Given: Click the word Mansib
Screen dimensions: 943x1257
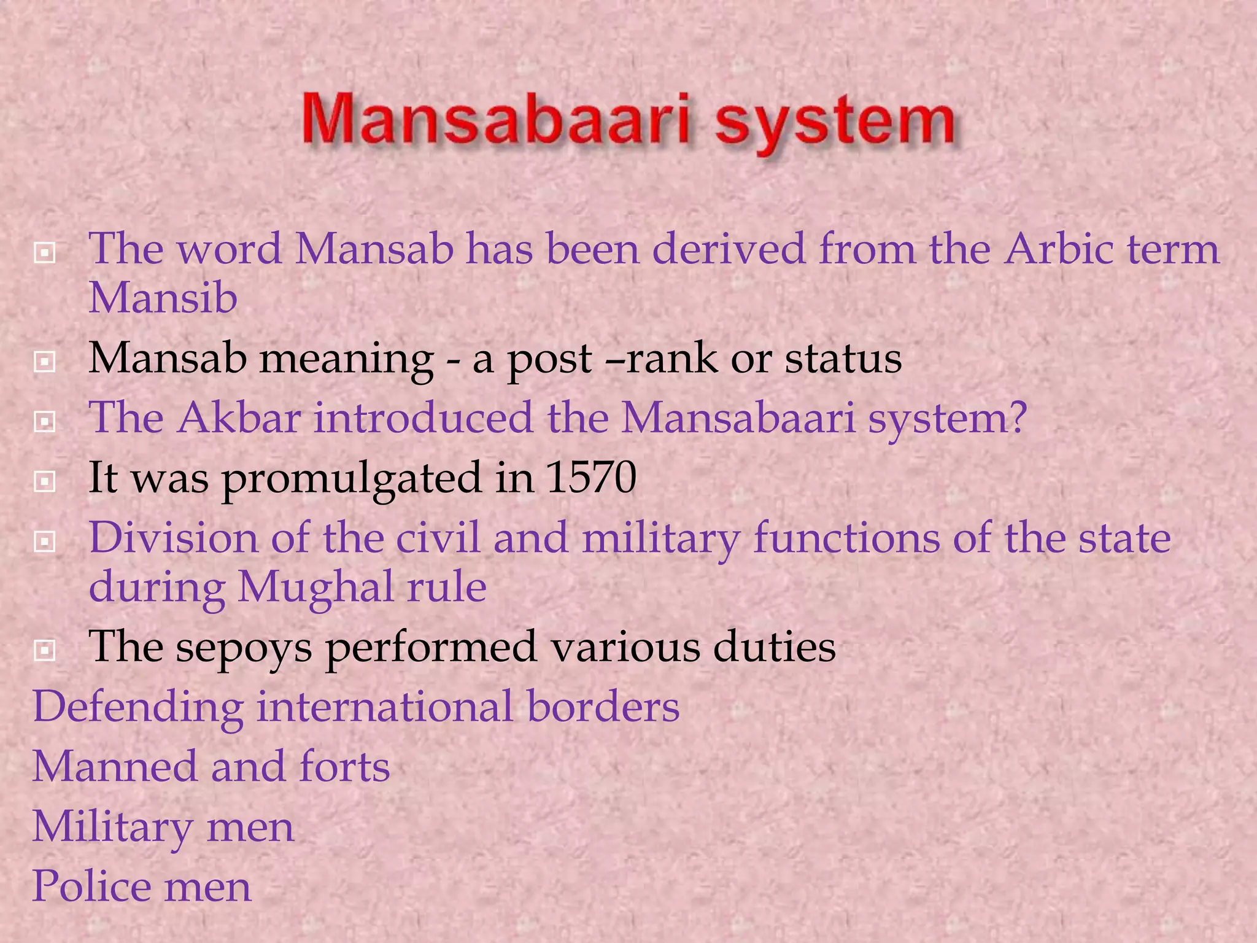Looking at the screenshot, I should (163, 298).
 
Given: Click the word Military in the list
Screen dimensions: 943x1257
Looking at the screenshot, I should (112, 827).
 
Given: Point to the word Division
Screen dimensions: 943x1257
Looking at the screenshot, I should (173, 538).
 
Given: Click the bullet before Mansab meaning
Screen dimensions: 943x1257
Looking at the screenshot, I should (45, 362).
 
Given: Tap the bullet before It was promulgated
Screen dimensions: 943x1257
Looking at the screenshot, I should (45, 482).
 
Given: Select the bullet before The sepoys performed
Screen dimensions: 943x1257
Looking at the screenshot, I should (45, 650).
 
